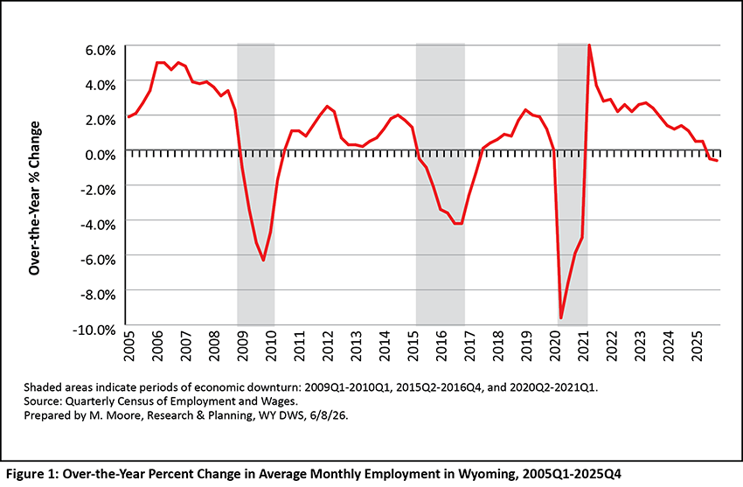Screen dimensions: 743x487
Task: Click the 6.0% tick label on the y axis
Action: pyautogui.click(x=101, y=50)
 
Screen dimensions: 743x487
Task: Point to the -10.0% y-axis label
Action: pyautogui.click(x=94, y=330)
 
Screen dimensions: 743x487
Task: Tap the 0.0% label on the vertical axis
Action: pyautogui.click(x=101, y=155)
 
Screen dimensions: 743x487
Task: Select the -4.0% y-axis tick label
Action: pyautogui.click(x=98, y=225)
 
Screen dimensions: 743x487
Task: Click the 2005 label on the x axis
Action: pyautogui.click(x=128, y=346)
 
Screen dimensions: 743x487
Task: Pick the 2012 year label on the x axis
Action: pyautogui.click(x=328, y=346)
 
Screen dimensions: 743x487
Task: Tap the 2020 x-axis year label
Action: pyautogui.click(x=555, y=346)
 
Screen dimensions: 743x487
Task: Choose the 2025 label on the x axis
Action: pyautogui.click(x=697, y=346)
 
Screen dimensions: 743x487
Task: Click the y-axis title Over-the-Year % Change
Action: pyautogui.click(x=35, y=198)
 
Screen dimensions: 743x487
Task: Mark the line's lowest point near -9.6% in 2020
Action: pyautogui.click(x=561, y=318)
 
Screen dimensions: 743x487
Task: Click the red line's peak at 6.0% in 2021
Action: pyautogui.click(x=589, y=45)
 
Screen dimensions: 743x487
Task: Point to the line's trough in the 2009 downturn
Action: pyautogui.click(x=263, y=261)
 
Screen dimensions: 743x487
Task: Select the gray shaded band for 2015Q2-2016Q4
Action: pyautogui.click(x=441, y=184)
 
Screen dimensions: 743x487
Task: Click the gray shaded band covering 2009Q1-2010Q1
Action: pyautogui.click(x=256, y=184)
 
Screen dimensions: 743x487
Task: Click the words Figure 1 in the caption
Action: pyautogui.click(x=31, y=474)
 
